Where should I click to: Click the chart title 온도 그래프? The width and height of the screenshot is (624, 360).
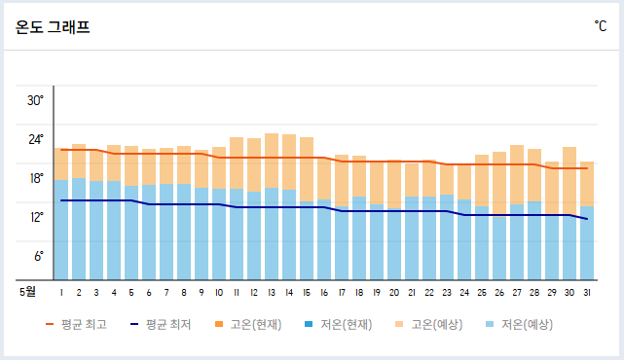pos(53,27)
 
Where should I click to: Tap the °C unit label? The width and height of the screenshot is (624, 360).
pos(600,26)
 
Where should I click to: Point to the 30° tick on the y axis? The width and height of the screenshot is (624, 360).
pos(35,100)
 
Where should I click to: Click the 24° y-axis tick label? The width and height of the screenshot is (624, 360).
pos(35,139)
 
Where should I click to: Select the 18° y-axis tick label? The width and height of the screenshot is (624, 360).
pos(35,178)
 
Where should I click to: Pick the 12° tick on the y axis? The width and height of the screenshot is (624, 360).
pos(35,217)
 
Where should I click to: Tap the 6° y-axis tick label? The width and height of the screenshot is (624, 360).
pos(37,256)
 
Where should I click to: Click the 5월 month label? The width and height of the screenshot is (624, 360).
pos(28,290)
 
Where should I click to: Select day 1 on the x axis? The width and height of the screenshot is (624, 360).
pos(61,291)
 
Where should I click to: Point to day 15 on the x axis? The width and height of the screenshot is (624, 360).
pos(307,291)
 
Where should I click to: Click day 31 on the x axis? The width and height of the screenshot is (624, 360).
pos(587,291)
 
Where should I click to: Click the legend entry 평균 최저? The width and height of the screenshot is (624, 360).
pos(168,324)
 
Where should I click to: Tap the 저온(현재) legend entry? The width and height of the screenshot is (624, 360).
pos(346,324)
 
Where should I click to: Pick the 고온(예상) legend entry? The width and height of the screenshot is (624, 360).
pos(436,324)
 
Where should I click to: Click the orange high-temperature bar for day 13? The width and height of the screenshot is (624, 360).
pos(272,161)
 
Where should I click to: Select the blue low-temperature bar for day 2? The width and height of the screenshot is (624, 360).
pos(79,229)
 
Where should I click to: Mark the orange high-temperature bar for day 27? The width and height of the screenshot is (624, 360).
pos(517,175)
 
